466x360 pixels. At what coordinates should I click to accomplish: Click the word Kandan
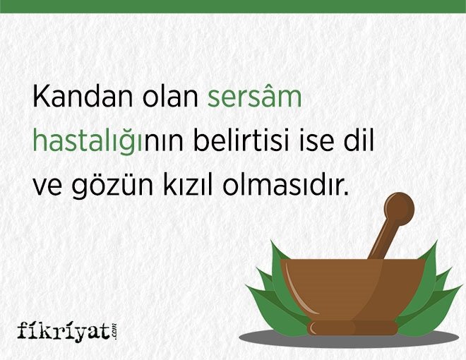coord(83,96)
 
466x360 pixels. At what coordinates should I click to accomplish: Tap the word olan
coord(170,96)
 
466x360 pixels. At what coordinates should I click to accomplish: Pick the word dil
coord(359,140)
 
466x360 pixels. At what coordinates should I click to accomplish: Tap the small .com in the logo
coord(114,331)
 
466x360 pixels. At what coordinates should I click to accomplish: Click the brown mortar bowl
coord(353,289)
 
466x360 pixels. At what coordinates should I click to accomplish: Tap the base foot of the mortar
coord(352,328)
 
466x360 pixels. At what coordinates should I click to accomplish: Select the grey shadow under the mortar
coord(349,337)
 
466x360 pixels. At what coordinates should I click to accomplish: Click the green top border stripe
coord(233,6)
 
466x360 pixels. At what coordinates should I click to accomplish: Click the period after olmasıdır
coord(345,193)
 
